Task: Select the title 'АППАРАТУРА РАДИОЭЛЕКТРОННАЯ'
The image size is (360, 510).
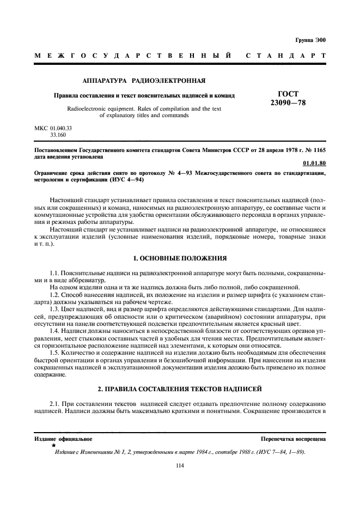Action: coord(143,81)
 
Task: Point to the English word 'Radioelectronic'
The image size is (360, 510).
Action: coord(87,108)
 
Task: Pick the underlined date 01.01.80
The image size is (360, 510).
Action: coord(314,163)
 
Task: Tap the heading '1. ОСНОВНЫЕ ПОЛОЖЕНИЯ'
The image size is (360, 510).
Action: coord(180,257)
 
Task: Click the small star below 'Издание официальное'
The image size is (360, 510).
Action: coord(53,446)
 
